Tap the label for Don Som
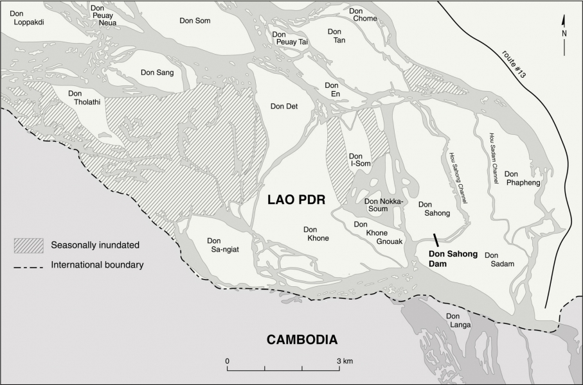pos(195,21)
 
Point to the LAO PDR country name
pos(296,201)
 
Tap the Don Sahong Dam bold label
pos(453,258)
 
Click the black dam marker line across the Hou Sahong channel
pos(436,241)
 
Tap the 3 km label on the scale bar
pos(344,361)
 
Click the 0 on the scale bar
pos(228,361)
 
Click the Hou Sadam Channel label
pos(494,158)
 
